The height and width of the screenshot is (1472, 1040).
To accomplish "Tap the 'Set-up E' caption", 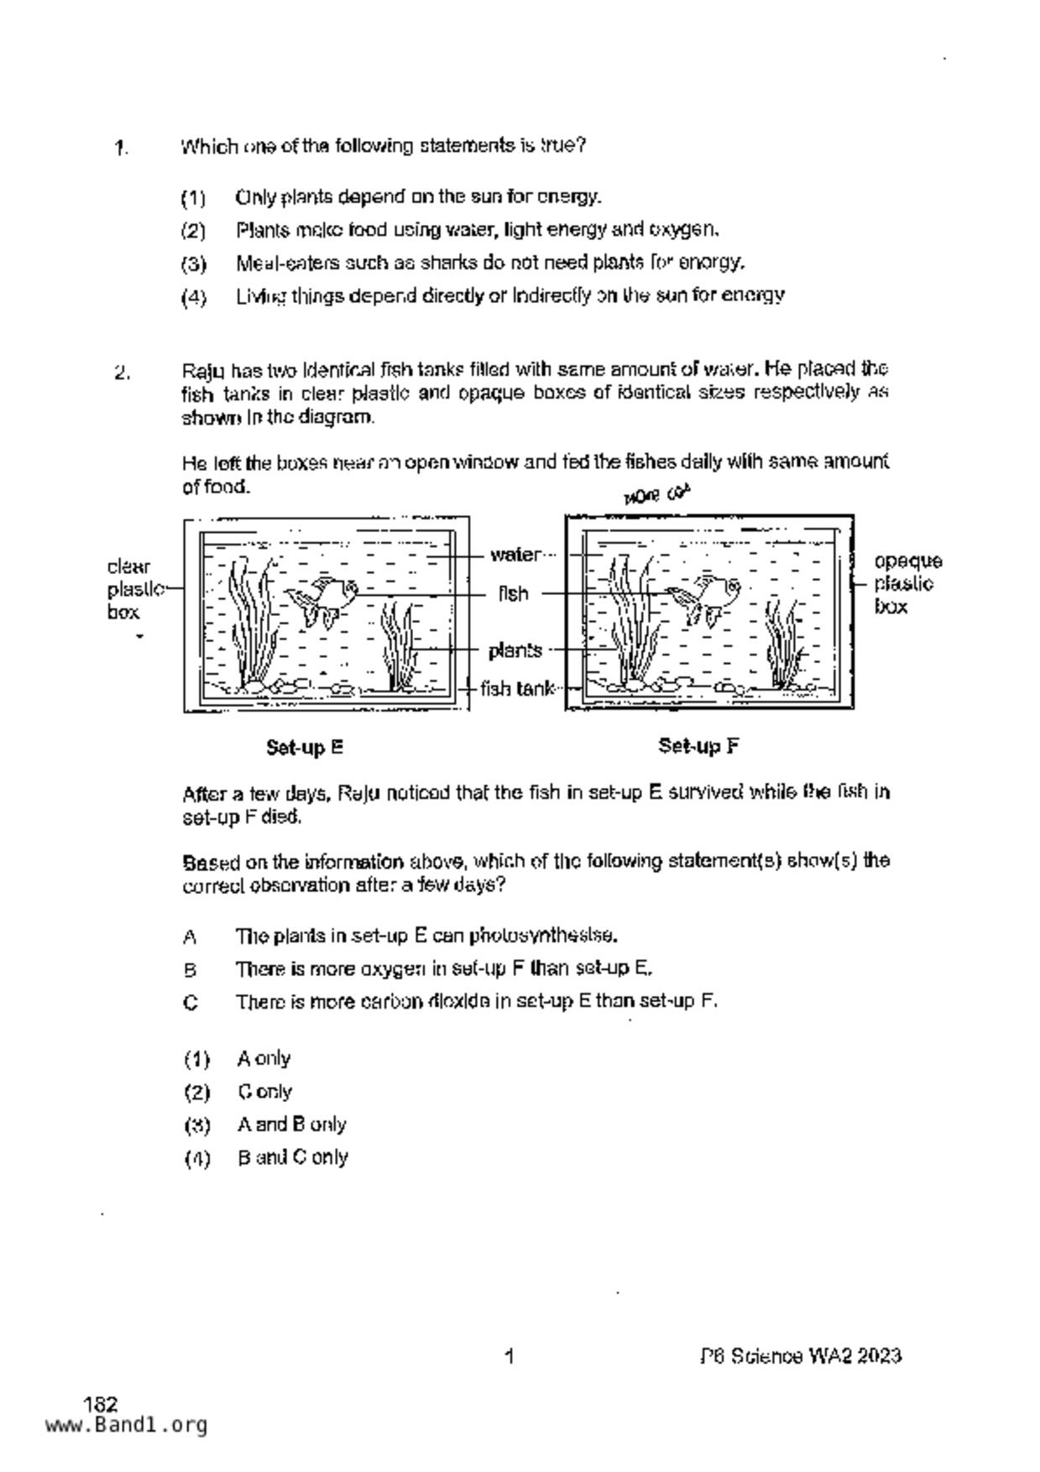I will click(x=305, y=747).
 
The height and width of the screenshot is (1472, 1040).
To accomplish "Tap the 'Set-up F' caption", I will click(x=698, y=746).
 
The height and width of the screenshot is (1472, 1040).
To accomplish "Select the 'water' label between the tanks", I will click(x=515, y=555).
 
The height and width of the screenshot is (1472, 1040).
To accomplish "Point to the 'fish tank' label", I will click(x=517, y=689).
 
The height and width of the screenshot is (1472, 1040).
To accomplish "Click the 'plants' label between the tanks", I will click(x=515, y=650).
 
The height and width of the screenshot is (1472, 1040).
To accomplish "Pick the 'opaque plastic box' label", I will click(x=907, y=583).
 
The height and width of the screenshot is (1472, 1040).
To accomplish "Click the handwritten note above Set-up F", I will click(x=656, y=495).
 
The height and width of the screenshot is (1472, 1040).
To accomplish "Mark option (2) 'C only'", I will click(x=264, y=1092).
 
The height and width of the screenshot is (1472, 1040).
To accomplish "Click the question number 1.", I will click(x=122, y=149).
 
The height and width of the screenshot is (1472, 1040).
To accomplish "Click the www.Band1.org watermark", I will click(x=126, y=1425).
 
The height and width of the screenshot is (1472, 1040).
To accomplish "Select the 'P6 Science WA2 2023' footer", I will click(x=801, y=1356).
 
